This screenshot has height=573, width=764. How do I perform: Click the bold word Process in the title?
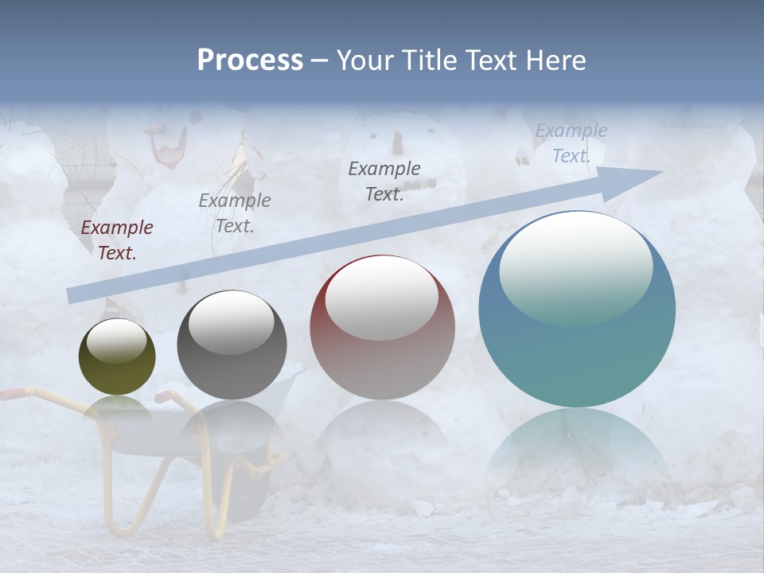coord(250,60)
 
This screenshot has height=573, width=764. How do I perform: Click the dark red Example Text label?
coord(117,240)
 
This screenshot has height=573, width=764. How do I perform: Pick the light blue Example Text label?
coord(571,143)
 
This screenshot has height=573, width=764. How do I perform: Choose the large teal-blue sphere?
coord(577,350)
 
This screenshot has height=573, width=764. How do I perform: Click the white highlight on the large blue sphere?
coord(575,267)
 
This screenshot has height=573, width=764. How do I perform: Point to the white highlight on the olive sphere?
coord(116,341)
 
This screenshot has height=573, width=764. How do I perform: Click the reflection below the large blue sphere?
coord(577,450)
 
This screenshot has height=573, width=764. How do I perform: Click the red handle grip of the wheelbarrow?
coord(11,393)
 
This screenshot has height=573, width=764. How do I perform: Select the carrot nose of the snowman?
coord(396,143)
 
